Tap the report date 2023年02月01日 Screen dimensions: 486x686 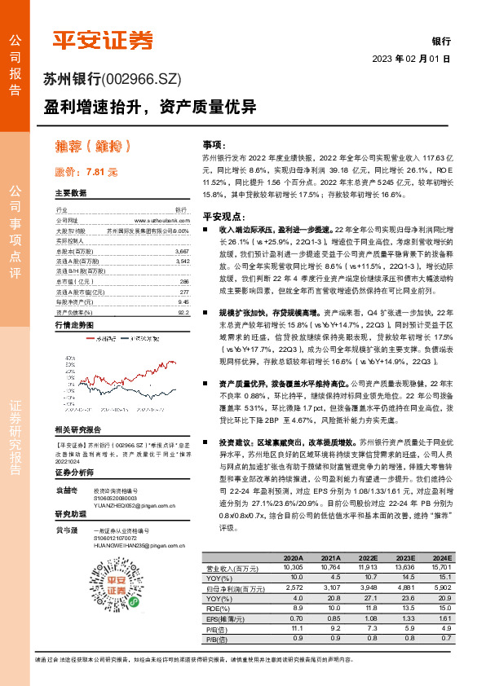pyautogui.click(x=411, y=59)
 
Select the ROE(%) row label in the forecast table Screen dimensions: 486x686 pyautogui.click(x=217, y=607)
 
